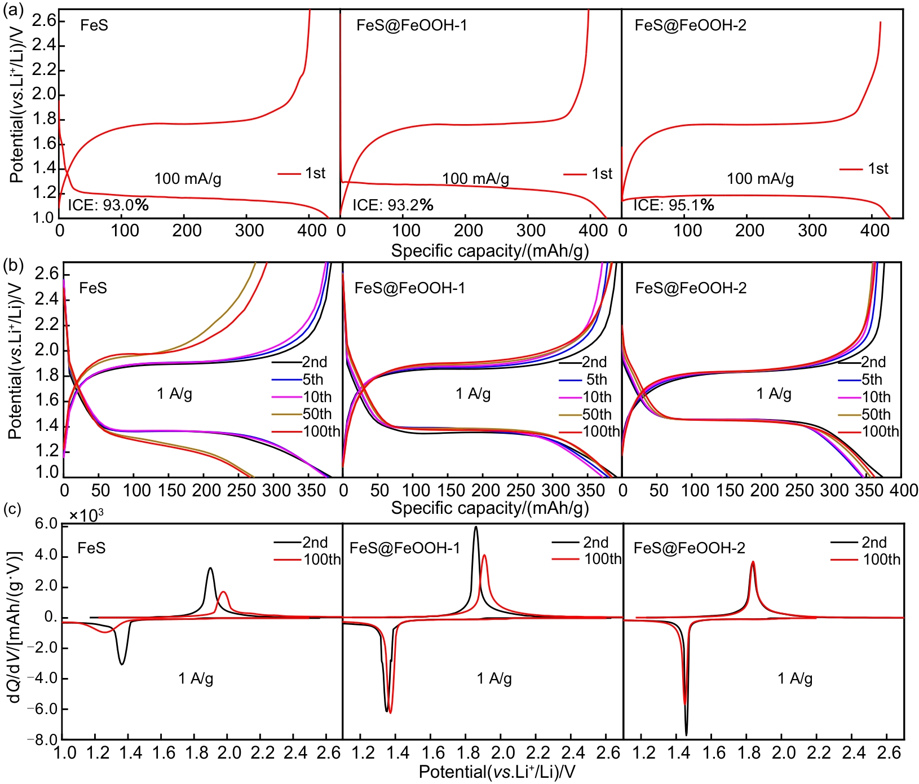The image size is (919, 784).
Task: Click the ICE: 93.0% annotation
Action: (108, 205)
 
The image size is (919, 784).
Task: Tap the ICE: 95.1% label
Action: (674, 205)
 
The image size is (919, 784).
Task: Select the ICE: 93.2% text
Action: (393, 205)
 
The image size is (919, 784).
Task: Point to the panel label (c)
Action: (12, 509)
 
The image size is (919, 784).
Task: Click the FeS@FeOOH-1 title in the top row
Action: (412, 25)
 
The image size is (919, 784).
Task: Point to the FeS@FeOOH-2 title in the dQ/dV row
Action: (690, 548)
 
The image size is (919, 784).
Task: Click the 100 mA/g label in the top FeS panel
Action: (188, 179)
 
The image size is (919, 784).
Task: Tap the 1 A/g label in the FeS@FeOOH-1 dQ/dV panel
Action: (494, 679)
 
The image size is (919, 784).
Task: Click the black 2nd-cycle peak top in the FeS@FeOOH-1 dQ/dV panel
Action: (476, 527)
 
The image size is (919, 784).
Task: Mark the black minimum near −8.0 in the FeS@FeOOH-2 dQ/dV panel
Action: (686, 734)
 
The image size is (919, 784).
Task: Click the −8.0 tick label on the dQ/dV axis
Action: (46, 739)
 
